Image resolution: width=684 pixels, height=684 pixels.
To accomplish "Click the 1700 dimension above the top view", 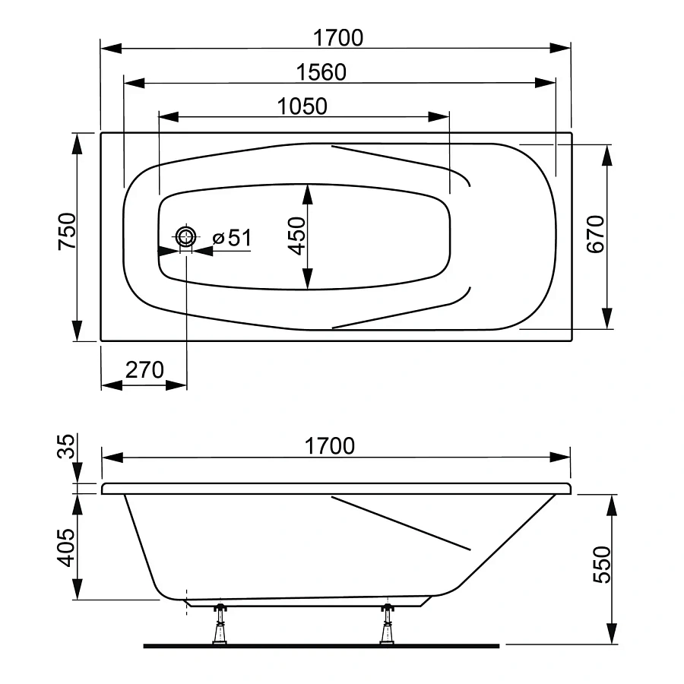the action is [338, 37].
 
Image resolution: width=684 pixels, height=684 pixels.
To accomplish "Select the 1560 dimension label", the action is [321, 72].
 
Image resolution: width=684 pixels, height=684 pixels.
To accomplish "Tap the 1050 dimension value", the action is [302, 106].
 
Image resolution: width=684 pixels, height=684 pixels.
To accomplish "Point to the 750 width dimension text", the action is [67, 231].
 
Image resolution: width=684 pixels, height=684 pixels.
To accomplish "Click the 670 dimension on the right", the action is [595, 234].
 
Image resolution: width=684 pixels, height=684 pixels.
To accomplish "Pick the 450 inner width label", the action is [296, 236].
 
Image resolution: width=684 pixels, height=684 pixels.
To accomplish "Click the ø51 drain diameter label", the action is [232, 238].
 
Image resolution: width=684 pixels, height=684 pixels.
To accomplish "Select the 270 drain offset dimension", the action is [144, 370].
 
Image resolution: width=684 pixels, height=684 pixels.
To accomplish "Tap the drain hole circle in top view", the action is [186, 238].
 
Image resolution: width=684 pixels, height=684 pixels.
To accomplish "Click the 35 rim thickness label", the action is [66, 445].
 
